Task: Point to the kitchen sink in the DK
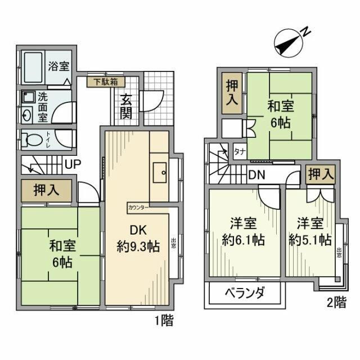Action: click(159, 171)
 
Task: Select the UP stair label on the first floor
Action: click(71, 165)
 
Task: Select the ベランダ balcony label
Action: click(245, 292)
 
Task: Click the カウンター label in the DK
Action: click(138, 207)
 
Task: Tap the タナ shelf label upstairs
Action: click(238, 151)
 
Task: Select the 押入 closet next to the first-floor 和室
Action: click(47, 191)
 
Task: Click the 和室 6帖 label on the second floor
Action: click(279, 113)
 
